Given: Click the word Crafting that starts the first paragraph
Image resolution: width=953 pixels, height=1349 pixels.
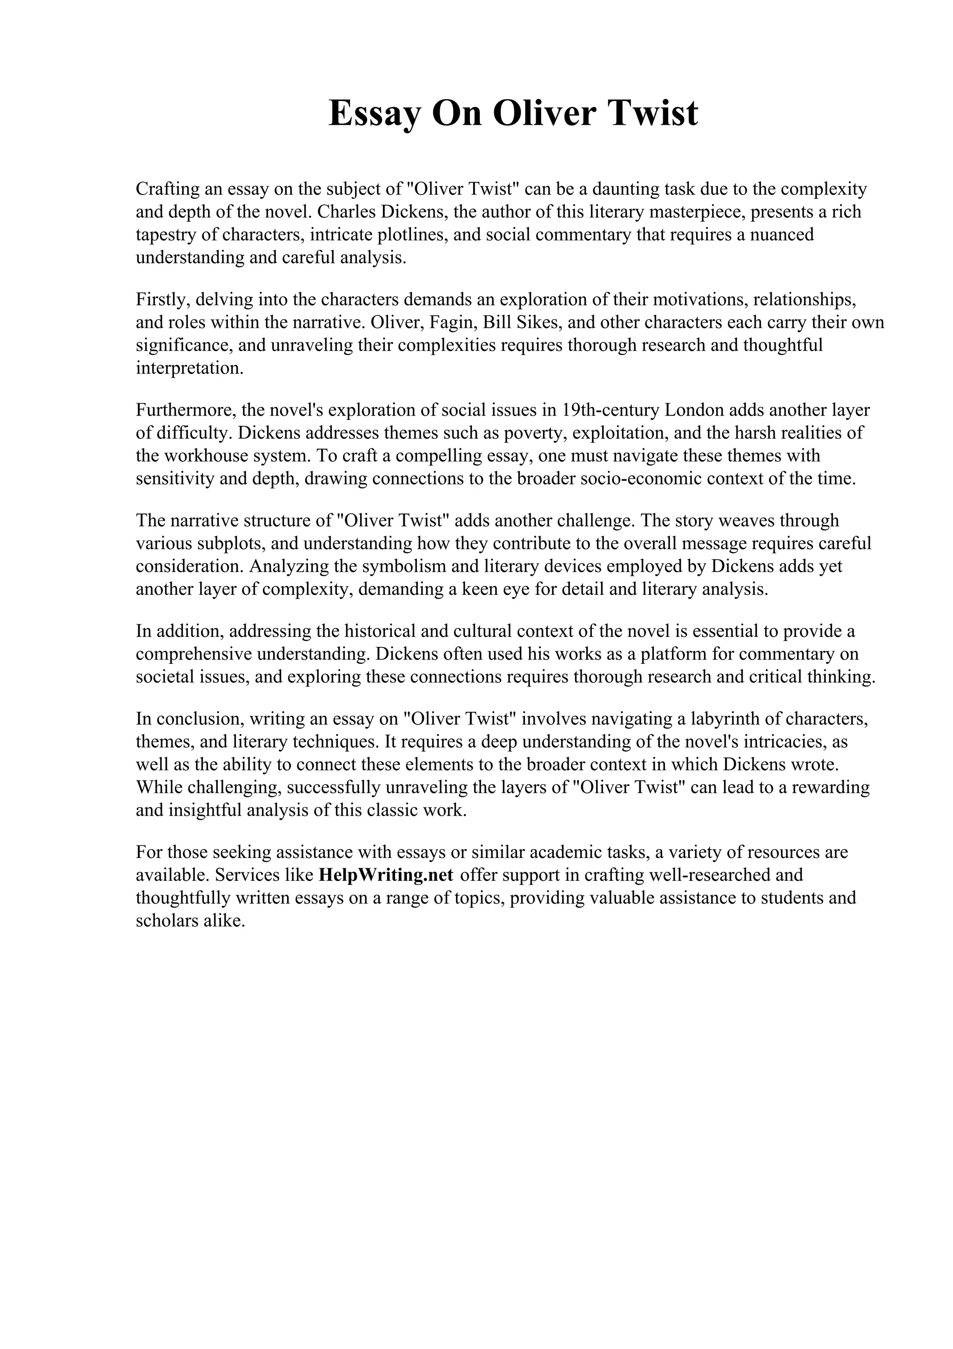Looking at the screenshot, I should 166,189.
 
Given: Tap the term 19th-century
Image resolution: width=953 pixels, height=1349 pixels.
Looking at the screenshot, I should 611,410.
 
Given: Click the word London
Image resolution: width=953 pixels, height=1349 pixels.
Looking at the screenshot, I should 695,410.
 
